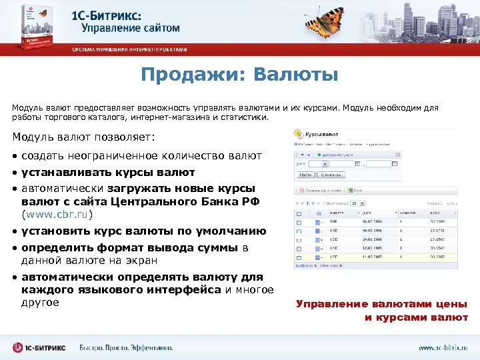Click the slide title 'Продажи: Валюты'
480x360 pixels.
(239, 75)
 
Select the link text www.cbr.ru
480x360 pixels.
(57, 215)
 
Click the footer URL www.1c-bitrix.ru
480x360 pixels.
(443, 347)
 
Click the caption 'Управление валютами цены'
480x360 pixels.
(382, 304)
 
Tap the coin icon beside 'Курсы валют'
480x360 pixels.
(299, 133)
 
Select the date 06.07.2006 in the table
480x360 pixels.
(372, 221)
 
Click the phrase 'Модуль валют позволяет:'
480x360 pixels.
(83, 137)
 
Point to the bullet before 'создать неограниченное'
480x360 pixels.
(15, 156)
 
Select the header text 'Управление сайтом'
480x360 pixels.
(131, 28)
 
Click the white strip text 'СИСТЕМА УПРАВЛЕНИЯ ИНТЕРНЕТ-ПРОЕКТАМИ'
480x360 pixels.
(130, 50)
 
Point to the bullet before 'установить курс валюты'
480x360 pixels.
(15, 232)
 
